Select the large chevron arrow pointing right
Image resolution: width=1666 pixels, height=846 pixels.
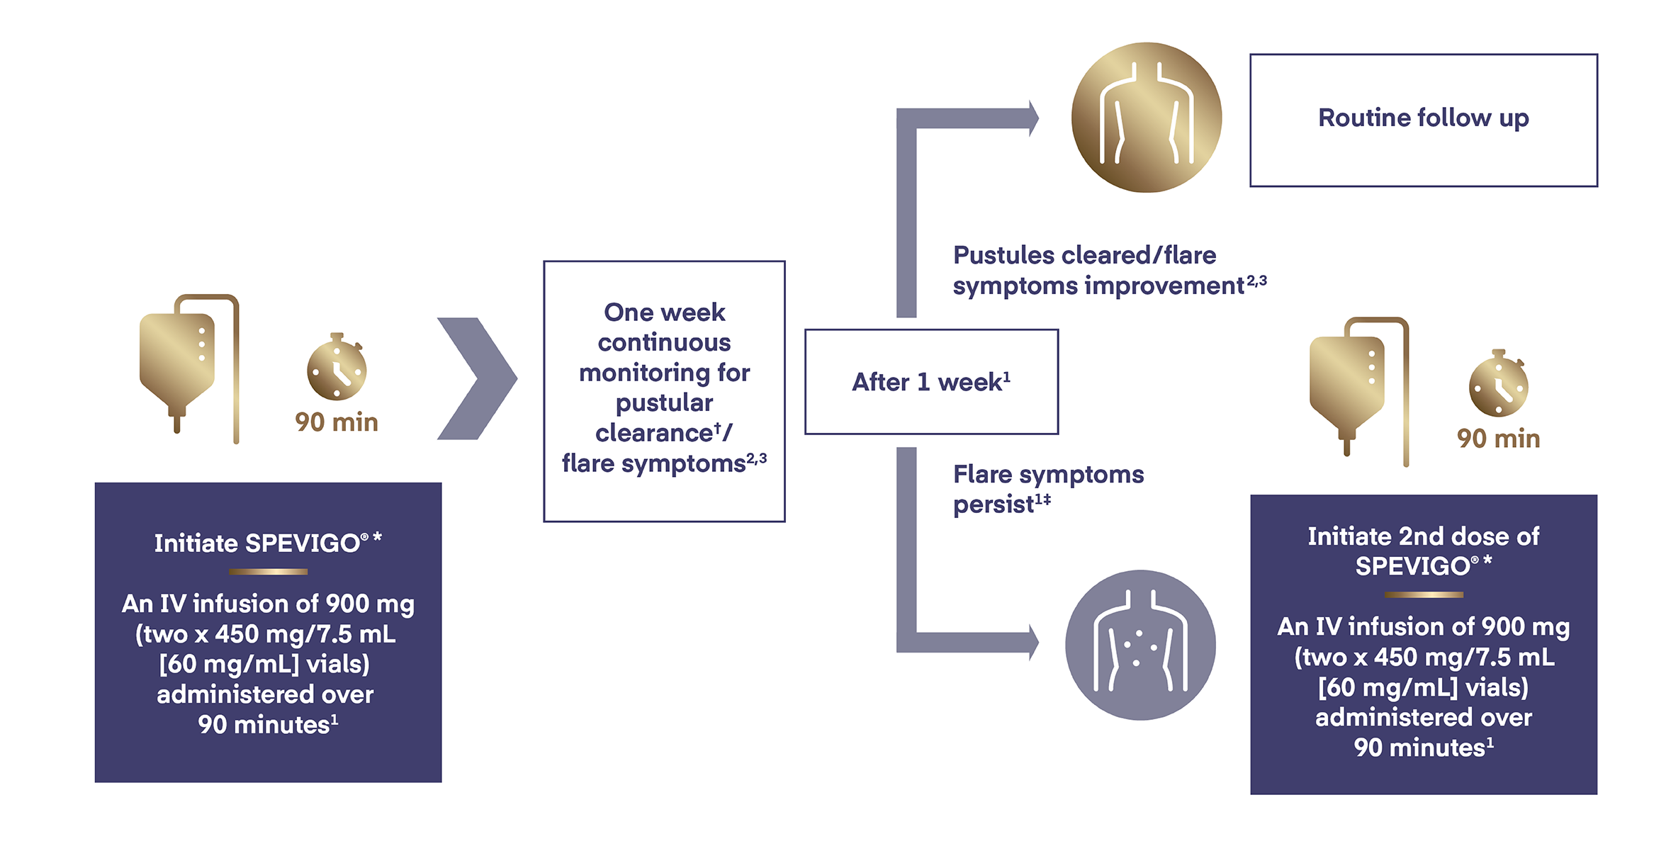click(x=477, y=378)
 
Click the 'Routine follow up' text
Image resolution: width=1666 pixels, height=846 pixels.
click(x=1423, y=118)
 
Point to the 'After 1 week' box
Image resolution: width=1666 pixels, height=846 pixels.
click(x=931, y=382)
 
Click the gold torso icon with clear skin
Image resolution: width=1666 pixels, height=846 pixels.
click(x=1146, y=118)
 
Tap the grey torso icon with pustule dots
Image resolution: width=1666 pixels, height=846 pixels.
click(x=1140, y=645)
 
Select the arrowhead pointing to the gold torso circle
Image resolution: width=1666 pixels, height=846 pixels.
click(x=1033, y=118)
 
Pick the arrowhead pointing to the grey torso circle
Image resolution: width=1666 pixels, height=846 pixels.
click(x=1033, y=643)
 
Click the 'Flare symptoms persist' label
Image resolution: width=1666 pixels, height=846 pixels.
click(x=1047, y=489)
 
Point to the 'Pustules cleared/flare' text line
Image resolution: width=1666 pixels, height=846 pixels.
click(x=1084, y=255)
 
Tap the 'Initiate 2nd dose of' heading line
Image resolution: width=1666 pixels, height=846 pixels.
click(x=1423, y=536)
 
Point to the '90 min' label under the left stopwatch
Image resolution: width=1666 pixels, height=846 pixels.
click(x=337, y=422)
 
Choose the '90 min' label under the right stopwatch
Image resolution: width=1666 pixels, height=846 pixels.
click(x=1498, y=439)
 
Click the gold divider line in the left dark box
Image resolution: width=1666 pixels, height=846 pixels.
click(x=268, y=571)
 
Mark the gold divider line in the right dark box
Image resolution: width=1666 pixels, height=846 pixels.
click(x=1423, y=594)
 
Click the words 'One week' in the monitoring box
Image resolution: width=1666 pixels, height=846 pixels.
click(x=664, y=312)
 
